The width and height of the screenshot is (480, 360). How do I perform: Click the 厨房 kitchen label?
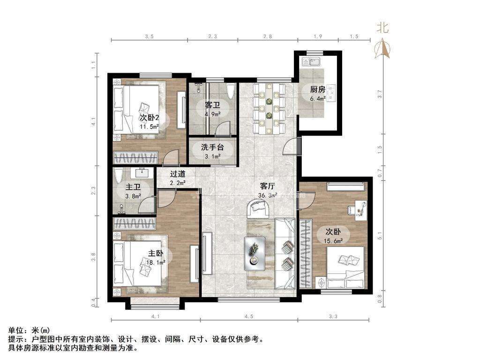[x=317, y=90]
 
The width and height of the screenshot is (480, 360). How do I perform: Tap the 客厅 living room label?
[x=267, y=186]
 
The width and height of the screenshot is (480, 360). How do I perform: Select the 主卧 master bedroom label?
[x=156, y=253]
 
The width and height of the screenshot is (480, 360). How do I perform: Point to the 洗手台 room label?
[x=212, y=147]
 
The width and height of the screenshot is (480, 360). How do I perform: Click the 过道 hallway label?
[x=178, y=174]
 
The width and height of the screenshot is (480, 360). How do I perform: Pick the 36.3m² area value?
[x=268, y=195]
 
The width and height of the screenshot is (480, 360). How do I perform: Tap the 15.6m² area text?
[x=333, y=241]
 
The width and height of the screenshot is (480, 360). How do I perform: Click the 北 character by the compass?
[x=382, y=28]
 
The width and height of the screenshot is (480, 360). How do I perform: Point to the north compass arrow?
[x=382, y=48]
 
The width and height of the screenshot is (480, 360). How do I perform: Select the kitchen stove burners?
[x=331, y=93]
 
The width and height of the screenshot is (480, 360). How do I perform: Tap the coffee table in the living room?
[x=255, y=254]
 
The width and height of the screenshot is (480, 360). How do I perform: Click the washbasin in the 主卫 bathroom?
[x=142, y=172]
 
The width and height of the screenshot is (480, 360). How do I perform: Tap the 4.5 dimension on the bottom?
[x=249, y=316]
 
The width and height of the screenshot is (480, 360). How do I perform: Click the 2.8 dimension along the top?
[x=268, y=37]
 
